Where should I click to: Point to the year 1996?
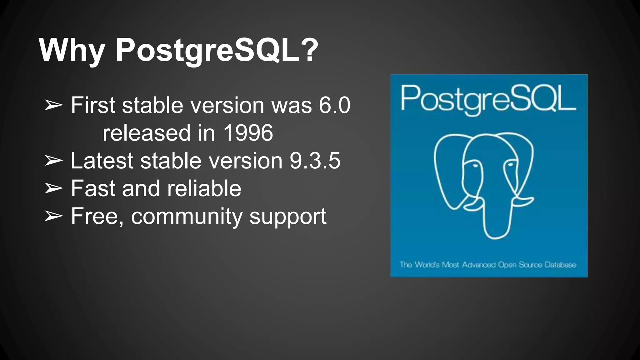pos(248,133)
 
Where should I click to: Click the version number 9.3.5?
pos(315,161)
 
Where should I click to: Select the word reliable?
pos(204,188)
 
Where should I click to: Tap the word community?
pos(187,216)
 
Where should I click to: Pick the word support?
pos(288,217)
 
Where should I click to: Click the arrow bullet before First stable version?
pos(53,105)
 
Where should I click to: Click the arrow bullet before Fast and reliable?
pos(53,188)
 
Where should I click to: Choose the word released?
pos(147,133)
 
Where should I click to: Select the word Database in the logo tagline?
pos(560,265)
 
